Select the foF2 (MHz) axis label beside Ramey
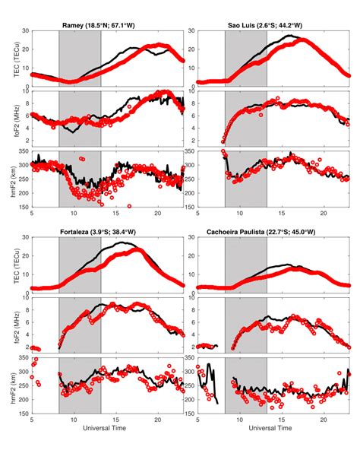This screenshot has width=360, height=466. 10,119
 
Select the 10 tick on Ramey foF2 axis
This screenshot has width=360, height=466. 24,92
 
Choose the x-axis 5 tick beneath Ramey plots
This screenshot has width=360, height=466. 31,214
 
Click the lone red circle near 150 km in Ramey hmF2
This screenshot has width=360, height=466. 129,206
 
